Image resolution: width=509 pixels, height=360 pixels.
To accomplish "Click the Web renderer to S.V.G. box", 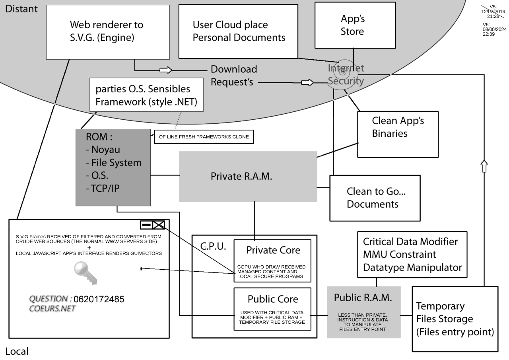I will tap(108, 32).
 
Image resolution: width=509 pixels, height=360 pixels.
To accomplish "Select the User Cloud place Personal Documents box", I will tap(238, 31).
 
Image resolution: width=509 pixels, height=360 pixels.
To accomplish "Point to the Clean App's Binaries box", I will tap(398, 134).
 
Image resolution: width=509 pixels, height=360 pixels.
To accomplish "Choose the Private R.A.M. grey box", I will tap(248, 176).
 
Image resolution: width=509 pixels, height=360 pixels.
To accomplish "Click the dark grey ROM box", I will tap(113, 167).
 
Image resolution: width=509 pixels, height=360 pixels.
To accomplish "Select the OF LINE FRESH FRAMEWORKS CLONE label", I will tap(204, 137).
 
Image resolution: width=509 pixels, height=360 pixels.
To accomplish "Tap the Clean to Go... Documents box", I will tap(375, 198).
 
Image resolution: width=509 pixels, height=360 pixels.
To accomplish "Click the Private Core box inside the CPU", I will tap(272, 261).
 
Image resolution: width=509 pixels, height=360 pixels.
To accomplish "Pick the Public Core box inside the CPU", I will tap(272, 309).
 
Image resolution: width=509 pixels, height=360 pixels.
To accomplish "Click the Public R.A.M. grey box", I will tap(363, 312).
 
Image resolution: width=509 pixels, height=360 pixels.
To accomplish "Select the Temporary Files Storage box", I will tap(455, 319).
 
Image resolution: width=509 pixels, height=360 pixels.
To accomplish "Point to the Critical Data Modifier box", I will tap(412, 255).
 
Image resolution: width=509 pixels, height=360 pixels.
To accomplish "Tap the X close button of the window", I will tap(159, 225).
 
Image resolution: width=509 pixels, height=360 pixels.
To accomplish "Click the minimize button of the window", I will tap(146, 225).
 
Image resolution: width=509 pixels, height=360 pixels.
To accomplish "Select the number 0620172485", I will tap(99, 299).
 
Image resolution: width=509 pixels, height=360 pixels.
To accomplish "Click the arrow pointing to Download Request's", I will tap(165, 70).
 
